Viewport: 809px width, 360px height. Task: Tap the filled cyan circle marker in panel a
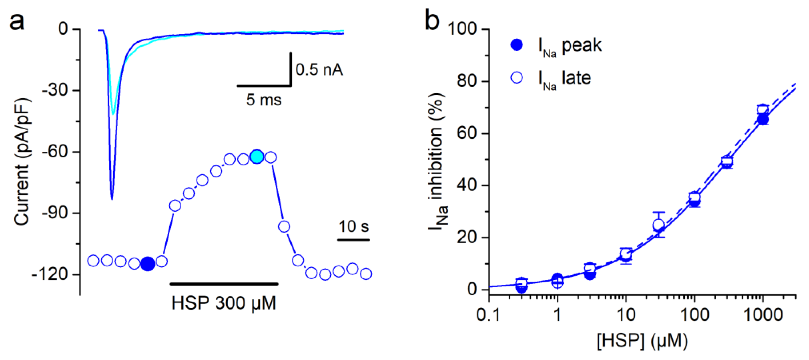(257, 157)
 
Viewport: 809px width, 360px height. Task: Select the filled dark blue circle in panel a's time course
(148, 263)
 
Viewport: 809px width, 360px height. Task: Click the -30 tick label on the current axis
(55, 90)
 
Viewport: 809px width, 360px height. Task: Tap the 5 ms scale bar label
(264, 100)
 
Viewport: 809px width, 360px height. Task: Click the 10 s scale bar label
(353, 226)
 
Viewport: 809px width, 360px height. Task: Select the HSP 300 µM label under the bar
(224, 303)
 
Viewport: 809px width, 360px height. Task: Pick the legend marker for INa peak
(516, 45)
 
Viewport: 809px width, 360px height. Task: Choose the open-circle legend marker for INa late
(516, 78)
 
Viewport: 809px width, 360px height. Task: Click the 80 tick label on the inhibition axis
(467, 81)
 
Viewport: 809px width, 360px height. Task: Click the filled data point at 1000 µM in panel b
(763, 120)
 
